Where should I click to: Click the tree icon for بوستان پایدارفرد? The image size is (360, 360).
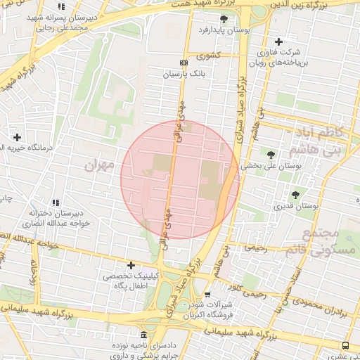pyautogui.click(x=224, y=19)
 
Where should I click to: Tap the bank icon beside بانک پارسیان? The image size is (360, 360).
pyautogui.click(x=184, y=63)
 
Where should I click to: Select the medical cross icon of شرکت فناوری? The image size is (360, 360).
pyautogui.click(x=279, y=42)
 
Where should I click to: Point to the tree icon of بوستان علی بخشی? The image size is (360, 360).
pyautogui.click(x=271, y=155)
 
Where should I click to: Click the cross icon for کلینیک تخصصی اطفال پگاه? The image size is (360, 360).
pyautogui.click(x=130, y=265)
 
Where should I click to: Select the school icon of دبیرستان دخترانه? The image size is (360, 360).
pyautogui.click(x=56, y=203)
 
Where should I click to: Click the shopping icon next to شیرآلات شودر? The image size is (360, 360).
pyautogui.click(x=207, y=294)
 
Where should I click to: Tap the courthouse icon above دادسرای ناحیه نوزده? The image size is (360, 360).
pyautogui.click(x=143, y=335)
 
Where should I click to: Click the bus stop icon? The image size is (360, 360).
pyautogui.click(x=345, y=345)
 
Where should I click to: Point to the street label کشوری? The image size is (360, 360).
pyautogui.click(x=208, y=55)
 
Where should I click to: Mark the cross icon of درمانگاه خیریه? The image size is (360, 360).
pyautogui.click(x=17, y=136)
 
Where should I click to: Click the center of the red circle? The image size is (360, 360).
pyautogui.click(x=180, y=179)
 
